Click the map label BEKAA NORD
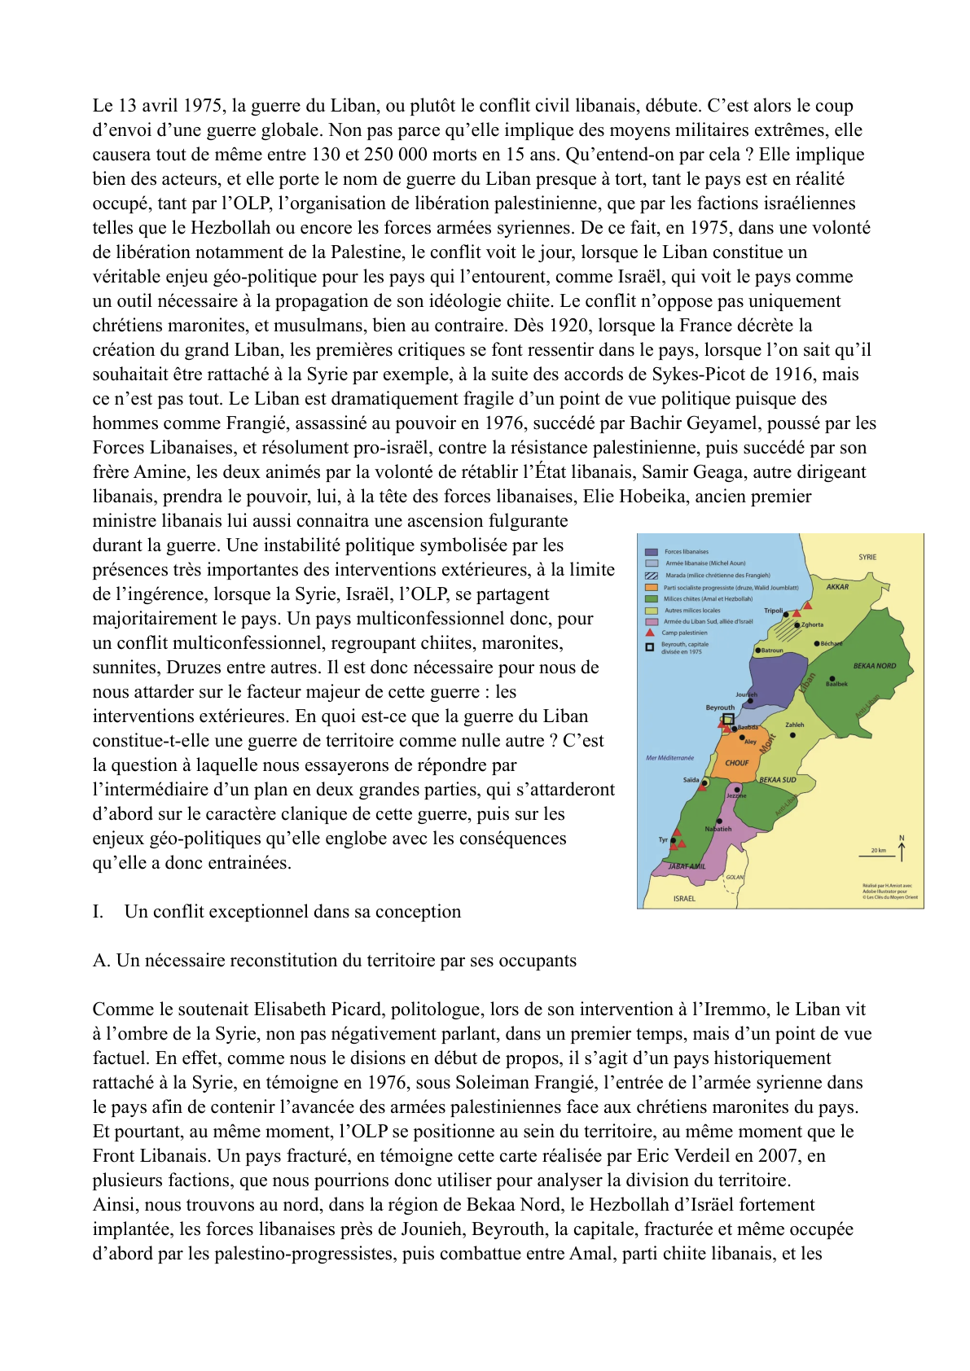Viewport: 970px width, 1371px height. [x=875, y=666]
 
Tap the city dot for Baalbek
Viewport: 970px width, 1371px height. [x=832, y=678]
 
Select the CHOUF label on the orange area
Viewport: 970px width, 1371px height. [x=736, y=763]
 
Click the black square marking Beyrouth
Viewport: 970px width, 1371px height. [x=729, y=719]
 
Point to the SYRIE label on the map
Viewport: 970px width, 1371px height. [x=867, y=557]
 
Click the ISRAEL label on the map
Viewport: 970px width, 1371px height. [x=684, y=899]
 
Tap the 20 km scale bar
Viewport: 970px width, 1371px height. [x=876, y=855]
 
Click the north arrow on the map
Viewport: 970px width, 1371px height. [x=902, y=849]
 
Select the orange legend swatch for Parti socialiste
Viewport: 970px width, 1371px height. [x=651, y=587]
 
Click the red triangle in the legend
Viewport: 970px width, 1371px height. [x=650, y=633]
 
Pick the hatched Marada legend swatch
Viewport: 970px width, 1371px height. [x=651, y=575]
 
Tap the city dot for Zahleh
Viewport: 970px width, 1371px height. [x=793, y=734]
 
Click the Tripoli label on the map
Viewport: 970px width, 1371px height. [x=773, y=610]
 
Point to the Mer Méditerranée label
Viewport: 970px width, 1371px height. [x=669, y=758]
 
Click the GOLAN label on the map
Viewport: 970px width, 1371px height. [x=735, y=877]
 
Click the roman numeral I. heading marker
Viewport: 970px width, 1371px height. [x=98, y=912]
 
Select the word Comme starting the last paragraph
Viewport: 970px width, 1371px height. [x=119, y=1010]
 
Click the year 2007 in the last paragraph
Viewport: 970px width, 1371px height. [x=781, y=1156]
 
